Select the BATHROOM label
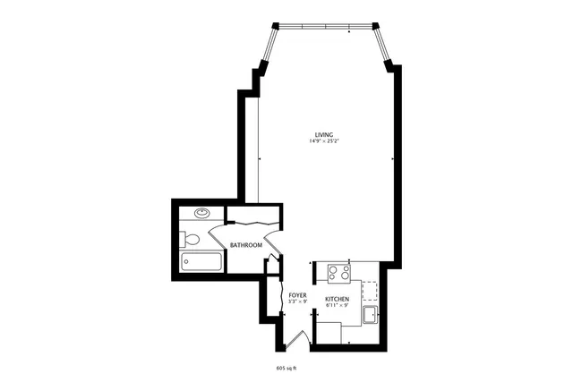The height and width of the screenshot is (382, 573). click(x=246, y=245)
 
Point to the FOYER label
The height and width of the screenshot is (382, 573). click(x=298, y=294)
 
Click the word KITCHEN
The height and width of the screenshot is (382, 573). click(x=337, y=299)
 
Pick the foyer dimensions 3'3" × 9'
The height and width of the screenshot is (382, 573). click(x=298, y=301)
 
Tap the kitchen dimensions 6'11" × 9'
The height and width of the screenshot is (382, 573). click(x=337, y=306)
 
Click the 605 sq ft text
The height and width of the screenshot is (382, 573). click(x=286, y=366)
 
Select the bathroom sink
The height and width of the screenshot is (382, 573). click(x=203, y=214)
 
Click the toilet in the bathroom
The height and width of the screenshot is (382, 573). click(x=189, y=239)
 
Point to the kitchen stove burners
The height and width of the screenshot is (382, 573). click(x=338, y=271)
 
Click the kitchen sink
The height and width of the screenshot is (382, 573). click(x=370, y=314)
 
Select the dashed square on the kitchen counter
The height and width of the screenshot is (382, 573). click(x=369, y=288)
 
